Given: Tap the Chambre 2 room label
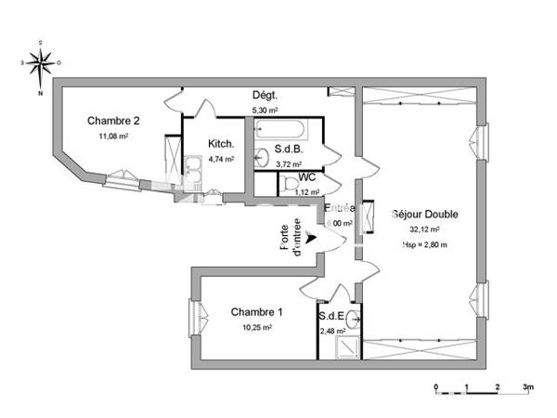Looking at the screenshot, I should (113, 120).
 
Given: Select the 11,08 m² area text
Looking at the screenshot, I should (113, 136).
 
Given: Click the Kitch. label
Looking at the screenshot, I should (220, 144).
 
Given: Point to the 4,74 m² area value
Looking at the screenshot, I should (220, 159).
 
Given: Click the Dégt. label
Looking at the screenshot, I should (266, 96).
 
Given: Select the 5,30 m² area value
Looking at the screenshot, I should (266, 111).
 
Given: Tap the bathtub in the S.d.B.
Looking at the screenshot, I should (287, 129).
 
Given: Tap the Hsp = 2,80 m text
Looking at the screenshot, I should (425, 244).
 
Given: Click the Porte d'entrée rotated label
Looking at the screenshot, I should (291, 236).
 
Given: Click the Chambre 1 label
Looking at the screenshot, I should (256, 311).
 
